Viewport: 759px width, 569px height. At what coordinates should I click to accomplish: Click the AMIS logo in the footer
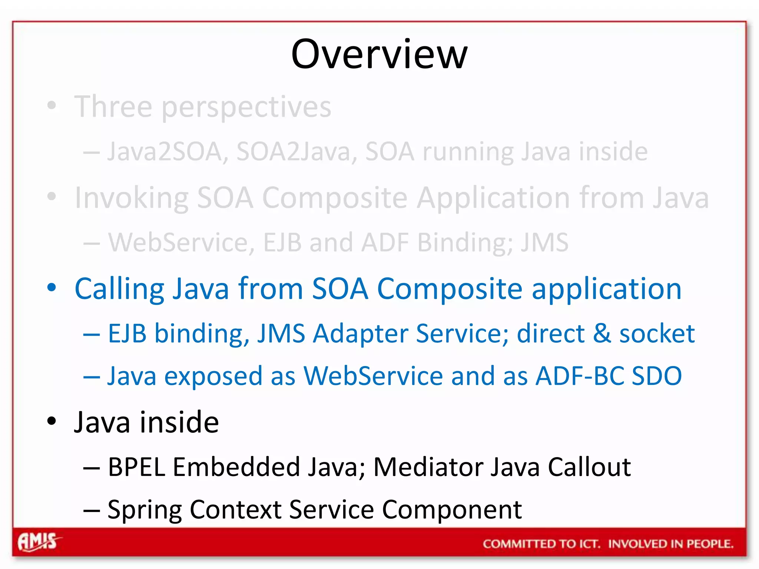(x=38, y=542)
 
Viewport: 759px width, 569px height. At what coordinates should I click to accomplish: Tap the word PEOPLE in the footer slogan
(x=710, y=544)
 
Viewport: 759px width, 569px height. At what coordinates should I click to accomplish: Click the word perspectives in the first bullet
(x=246, y=107)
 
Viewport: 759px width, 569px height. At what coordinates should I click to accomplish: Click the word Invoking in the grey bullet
(x=132, y=198)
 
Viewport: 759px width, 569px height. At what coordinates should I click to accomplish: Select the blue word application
(x=607, y=289)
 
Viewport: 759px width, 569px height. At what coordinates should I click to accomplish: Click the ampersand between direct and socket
(x=602, y=333)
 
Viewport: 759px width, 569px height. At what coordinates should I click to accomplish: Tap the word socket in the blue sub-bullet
(x=657, y=333)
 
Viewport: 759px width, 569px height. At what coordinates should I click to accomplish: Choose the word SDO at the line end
(x=657, y=376)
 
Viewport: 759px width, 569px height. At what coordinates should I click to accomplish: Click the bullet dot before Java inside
(x=52, y=421)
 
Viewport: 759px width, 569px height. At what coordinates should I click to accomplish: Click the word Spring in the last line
(x=145, y=510)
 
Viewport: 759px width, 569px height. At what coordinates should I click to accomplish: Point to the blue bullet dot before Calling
(x=52, y=287)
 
